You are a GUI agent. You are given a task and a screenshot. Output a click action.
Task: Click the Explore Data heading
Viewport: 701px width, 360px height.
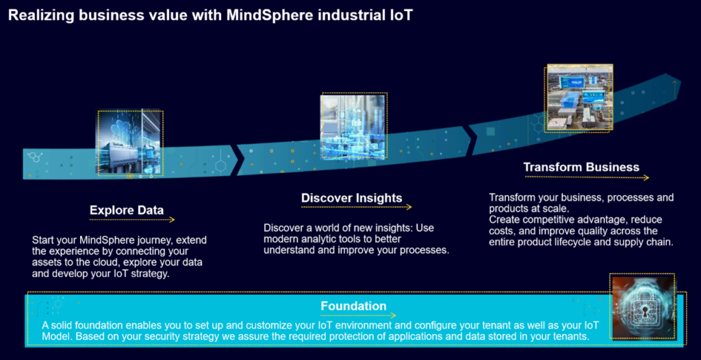click(x=127, y=210)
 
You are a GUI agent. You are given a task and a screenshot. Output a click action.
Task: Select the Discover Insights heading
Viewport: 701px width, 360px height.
click(x=351, y=198)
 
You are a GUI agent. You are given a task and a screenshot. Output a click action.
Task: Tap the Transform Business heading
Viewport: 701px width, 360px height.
click(x=581, y=167)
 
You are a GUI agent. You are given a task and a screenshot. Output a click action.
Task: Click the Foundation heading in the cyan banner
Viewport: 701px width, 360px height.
click(x=353, y=307)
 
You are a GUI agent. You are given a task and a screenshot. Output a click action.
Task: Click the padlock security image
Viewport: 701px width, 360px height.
click(x=642, y=307)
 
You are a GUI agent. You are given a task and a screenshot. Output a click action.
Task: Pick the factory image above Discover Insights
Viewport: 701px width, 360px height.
click(x=354, y=126)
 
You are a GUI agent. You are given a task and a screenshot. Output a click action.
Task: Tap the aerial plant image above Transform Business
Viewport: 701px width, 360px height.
click(x=580, y=97)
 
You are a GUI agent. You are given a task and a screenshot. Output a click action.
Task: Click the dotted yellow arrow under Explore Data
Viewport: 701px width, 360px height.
click(x=132, y=220)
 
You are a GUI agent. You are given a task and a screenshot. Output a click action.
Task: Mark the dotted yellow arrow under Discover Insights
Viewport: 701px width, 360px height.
click(x=356, y=207)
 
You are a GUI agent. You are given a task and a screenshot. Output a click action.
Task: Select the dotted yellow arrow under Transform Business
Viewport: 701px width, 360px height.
click(x=587, y=177)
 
